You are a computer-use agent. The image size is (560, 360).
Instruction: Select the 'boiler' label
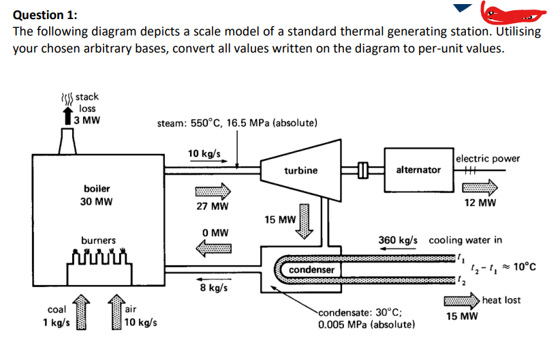click(97, 187)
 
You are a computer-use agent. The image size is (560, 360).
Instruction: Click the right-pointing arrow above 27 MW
click(212, 190)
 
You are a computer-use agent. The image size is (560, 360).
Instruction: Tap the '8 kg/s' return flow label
click(213, 287)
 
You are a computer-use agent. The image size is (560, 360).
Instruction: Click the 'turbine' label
click(300, 170)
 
